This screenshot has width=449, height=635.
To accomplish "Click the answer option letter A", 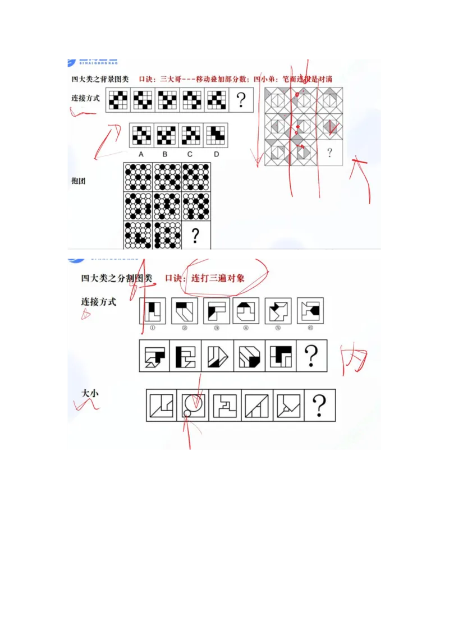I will click(x=141, y=154).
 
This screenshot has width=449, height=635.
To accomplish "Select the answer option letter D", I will click(x=216, y=154).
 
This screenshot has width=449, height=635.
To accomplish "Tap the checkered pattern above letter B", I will click(x=166, y=135).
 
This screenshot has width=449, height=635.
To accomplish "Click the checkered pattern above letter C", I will click(x=191, y=135).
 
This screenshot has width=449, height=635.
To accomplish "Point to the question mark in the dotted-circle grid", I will click(x=195, y=236).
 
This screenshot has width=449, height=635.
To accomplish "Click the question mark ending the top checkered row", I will click(x=241, y=100).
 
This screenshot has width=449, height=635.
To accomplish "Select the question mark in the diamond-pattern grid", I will click(x=329, y=152).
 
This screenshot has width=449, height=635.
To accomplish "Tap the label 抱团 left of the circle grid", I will click(x=79, y=181).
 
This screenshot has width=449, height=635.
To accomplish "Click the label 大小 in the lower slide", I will click(x=90, y=394).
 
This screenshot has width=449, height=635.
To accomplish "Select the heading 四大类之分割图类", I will click(x=117, y=278).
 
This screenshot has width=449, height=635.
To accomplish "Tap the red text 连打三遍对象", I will click(x=218, y=278).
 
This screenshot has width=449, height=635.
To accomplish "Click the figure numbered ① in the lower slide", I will click(x=152, y=311).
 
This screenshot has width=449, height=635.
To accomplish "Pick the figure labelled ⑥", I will click(x=310, y=311).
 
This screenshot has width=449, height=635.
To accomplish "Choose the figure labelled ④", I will click(x=247, y=311).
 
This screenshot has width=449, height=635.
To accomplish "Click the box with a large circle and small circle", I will click(x=193, y=405).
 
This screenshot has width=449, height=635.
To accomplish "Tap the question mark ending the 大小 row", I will click(x=320, y=405).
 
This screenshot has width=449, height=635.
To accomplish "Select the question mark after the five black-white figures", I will click(x=311, y=356).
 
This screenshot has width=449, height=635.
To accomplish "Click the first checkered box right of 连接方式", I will click(x=118, y=100).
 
